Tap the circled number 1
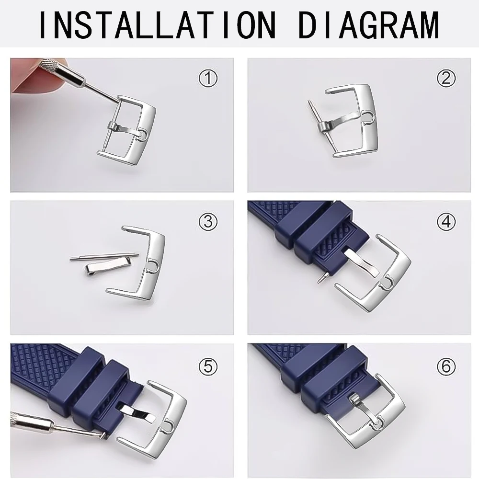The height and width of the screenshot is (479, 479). (208, 78)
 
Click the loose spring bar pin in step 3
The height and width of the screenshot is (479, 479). (103, 257)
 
